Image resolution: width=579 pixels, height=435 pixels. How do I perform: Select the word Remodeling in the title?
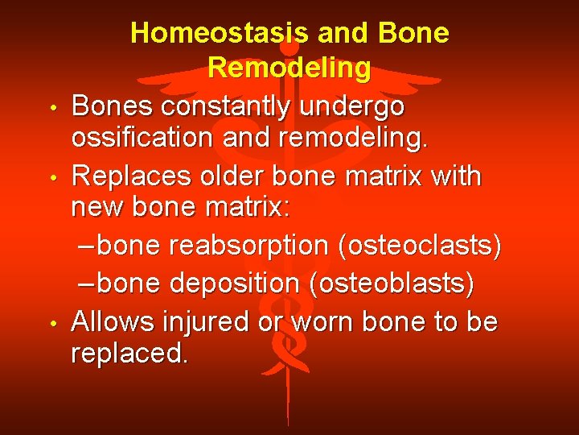coord(289,68)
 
